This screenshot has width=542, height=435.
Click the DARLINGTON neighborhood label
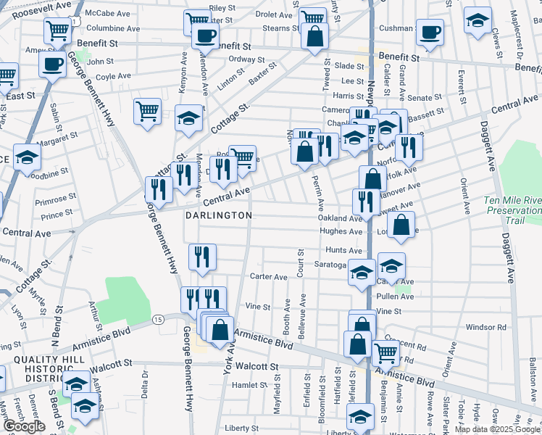[218, 215]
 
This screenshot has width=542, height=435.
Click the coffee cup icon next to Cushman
[430, 33]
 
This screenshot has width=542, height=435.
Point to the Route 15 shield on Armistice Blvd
[157, 319]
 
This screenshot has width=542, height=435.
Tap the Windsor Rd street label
[485, 328]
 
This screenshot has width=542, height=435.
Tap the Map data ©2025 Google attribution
[496, 429]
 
